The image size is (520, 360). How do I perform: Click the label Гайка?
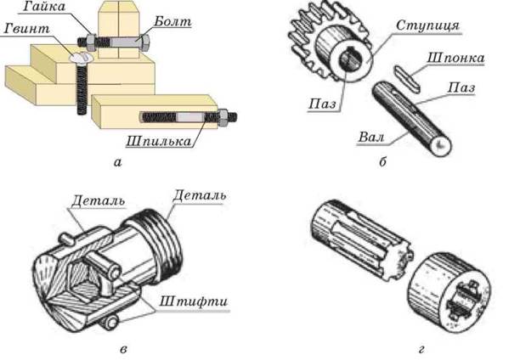[x=44, y=7]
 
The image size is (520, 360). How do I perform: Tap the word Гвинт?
[x=27, y=29]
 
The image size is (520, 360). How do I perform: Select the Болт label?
[x=172, y=21]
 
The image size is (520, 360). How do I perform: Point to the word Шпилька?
[x=159, y=141]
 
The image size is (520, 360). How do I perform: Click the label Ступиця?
[x=427, y=25]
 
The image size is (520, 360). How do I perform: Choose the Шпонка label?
[x=455, y=58]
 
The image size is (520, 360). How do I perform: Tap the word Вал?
[x=371, y=137]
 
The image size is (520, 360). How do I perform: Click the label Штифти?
[x=194, y=301]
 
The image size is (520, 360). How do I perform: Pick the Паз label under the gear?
[x=322, y=104]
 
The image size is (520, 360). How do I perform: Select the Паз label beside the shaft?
[x=461, y=87]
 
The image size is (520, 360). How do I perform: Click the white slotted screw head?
[x=81, y=58]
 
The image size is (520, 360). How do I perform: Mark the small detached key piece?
[x=407, y=78]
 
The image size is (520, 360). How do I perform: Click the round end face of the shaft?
[x=439, y=145]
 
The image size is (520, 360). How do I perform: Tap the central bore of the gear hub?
[x=348, y=59]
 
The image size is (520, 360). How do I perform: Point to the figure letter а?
[x=117, y=162]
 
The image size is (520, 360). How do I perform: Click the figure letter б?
[x=382, y=162]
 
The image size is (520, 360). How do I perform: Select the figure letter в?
[x=122, y=349]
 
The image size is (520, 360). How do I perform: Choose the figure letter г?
[x=421, y=349]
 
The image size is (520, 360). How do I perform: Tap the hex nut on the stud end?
[x=223, y=117]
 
